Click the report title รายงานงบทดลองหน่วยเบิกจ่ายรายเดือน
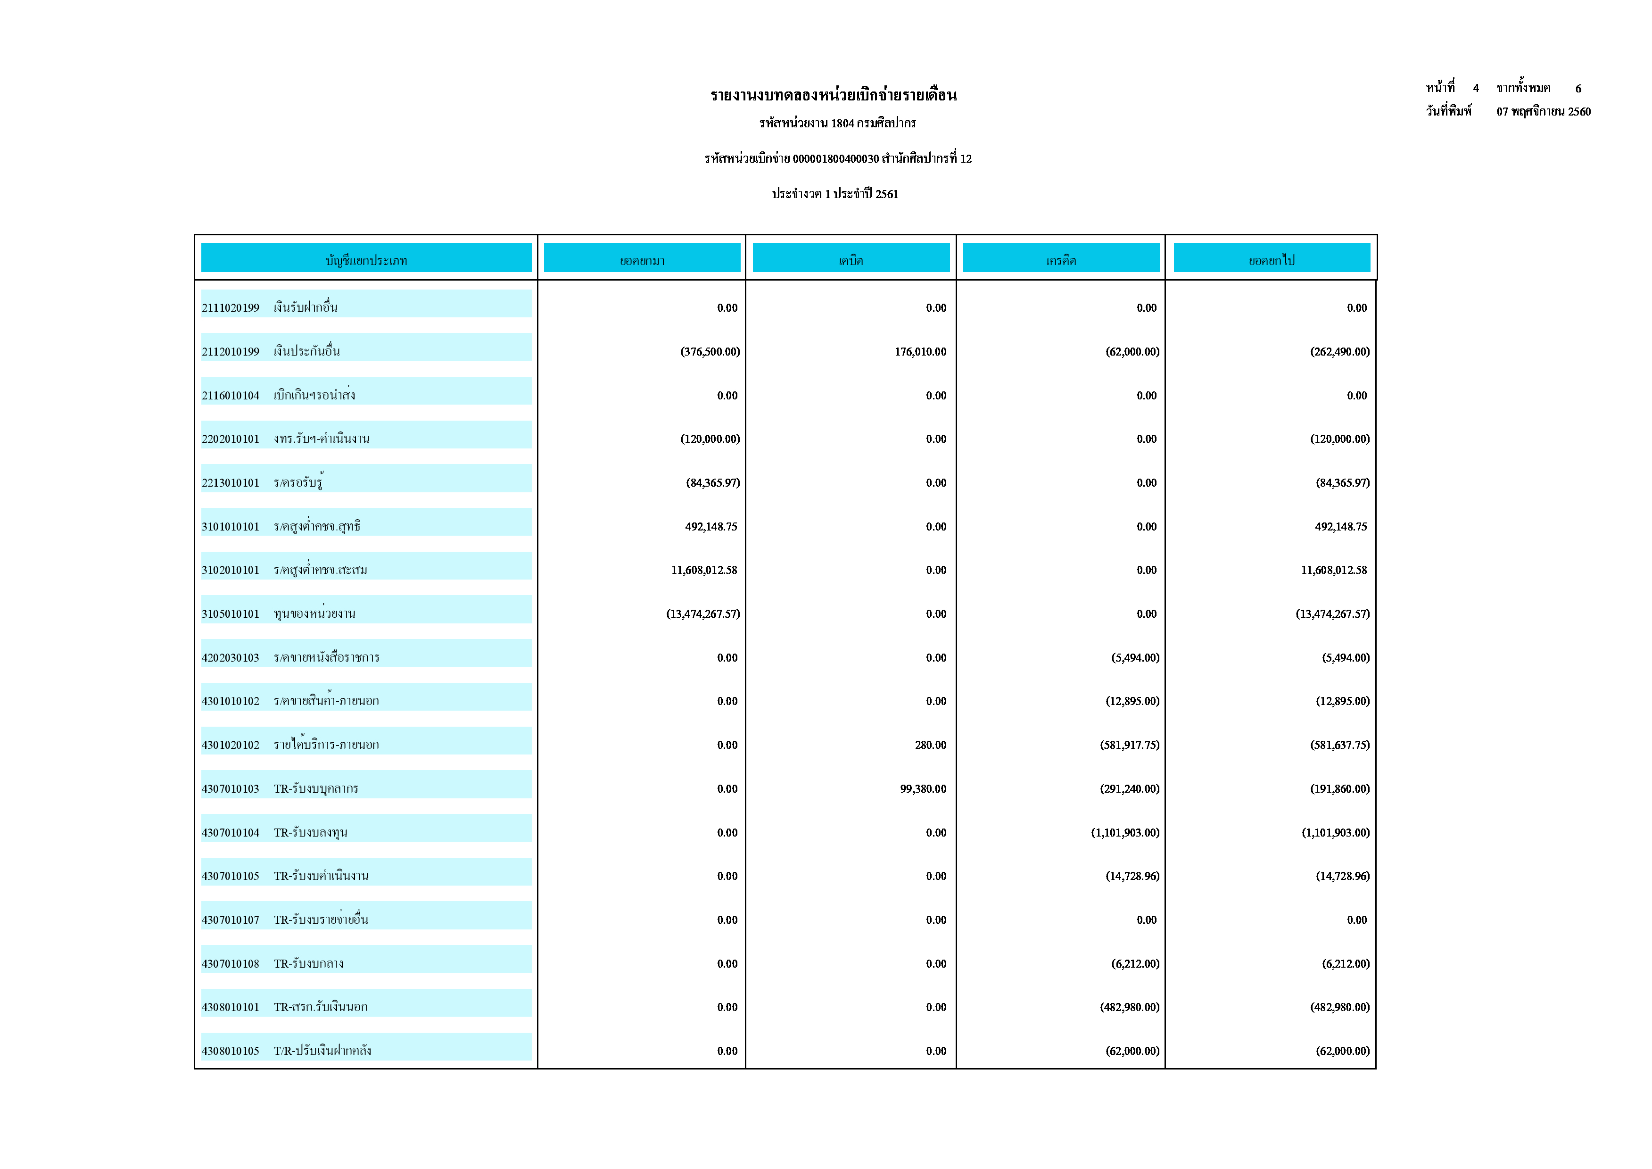833,95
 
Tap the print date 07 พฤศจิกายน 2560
1544,112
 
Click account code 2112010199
230,352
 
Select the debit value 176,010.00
920,352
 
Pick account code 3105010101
230,614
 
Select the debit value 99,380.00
923,789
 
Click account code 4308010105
230,1052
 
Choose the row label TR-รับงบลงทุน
310,833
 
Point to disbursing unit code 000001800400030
835,159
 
